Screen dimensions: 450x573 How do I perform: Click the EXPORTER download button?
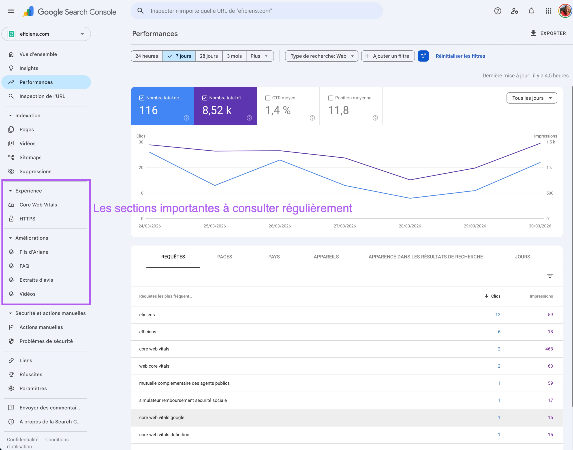click(548, 33)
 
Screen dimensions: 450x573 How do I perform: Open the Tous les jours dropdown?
click(531, 98)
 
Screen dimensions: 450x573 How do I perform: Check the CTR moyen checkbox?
click(267, 98)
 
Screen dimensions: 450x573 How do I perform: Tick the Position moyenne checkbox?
click(330, 98)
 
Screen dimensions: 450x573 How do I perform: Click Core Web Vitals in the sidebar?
click(38, 205)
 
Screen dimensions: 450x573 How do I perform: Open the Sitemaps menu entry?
click(30, 158)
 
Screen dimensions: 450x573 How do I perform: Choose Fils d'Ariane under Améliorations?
click(34, 252)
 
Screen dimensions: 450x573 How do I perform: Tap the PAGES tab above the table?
click(224, 257)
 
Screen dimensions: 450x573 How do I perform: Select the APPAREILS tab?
click(326, 257)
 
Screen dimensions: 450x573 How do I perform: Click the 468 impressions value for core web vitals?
click(549, 349)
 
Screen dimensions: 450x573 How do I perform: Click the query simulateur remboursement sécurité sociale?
click(183, 400)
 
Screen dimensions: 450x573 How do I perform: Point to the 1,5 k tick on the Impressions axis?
click(550, 142)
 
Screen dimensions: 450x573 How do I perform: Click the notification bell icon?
click(531, 11)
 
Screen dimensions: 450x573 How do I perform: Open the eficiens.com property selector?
click(46, 34)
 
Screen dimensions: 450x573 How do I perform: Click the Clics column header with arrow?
click(492, 296)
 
